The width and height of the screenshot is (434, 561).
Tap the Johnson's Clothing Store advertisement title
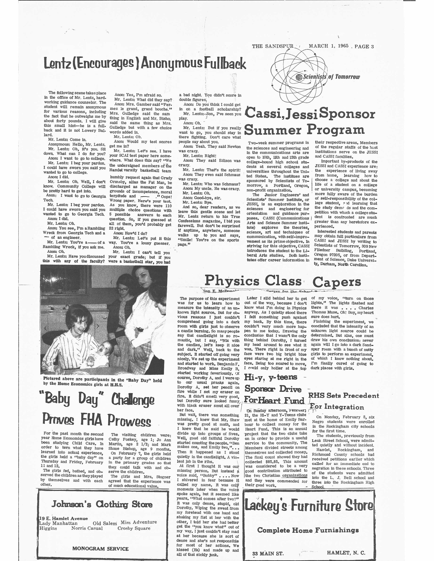(102, 504)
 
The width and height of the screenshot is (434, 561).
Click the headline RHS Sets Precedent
(343, 396)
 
